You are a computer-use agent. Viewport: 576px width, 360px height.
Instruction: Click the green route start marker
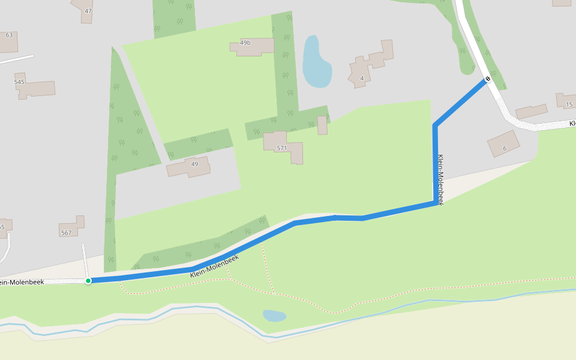88,281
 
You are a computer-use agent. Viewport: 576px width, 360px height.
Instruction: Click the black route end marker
488,79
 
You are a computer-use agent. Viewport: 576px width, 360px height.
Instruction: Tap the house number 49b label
245,43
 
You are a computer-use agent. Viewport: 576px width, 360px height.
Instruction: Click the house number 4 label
362,78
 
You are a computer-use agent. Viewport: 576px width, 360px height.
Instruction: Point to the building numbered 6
503,144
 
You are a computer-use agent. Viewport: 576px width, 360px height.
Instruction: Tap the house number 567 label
66,233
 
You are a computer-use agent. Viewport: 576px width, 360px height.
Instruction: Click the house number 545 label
20,82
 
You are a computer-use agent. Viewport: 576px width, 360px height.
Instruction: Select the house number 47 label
88,11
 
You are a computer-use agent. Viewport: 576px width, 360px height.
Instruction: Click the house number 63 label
9,35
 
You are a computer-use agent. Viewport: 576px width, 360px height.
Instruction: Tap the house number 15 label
569,104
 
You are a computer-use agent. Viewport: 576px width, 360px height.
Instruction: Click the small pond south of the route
274,315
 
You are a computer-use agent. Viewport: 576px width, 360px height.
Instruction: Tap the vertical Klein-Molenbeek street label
440,180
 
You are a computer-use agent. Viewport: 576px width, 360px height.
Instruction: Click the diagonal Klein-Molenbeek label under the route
214,266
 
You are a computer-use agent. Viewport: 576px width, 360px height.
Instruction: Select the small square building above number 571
322,125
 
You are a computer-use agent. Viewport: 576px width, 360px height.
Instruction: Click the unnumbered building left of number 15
531,112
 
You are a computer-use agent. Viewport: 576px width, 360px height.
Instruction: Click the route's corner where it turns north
436,203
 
